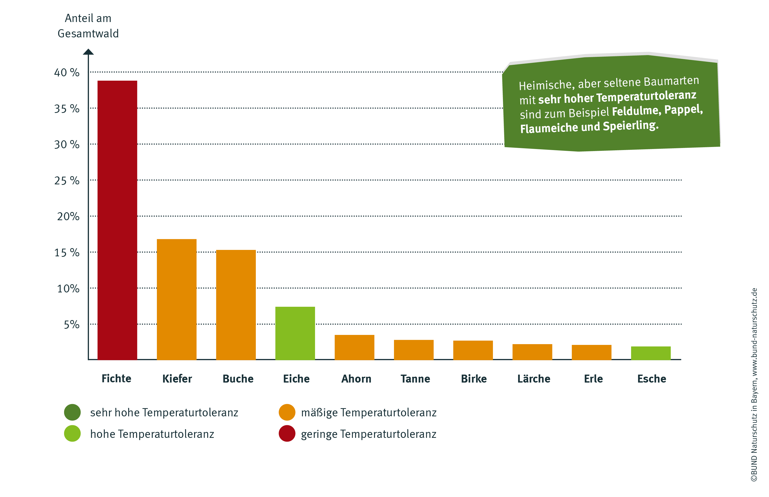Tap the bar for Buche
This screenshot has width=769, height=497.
tap(236, 305)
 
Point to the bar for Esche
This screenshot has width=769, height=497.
tap(651, 353)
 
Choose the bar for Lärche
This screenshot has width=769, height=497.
tap(532, 352)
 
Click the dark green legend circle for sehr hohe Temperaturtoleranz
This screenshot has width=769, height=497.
tap(72, 412)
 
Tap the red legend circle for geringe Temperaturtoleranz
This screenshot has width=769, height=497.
tap(287, 433)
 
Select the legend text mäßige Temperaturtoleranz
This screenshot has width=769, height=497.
tap(369, 413)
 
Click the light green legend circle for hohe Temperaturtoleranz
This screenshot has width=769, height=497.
tap(72, 433)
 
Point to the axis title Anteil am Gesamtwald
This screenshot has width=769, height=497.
tap(88, 26)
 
